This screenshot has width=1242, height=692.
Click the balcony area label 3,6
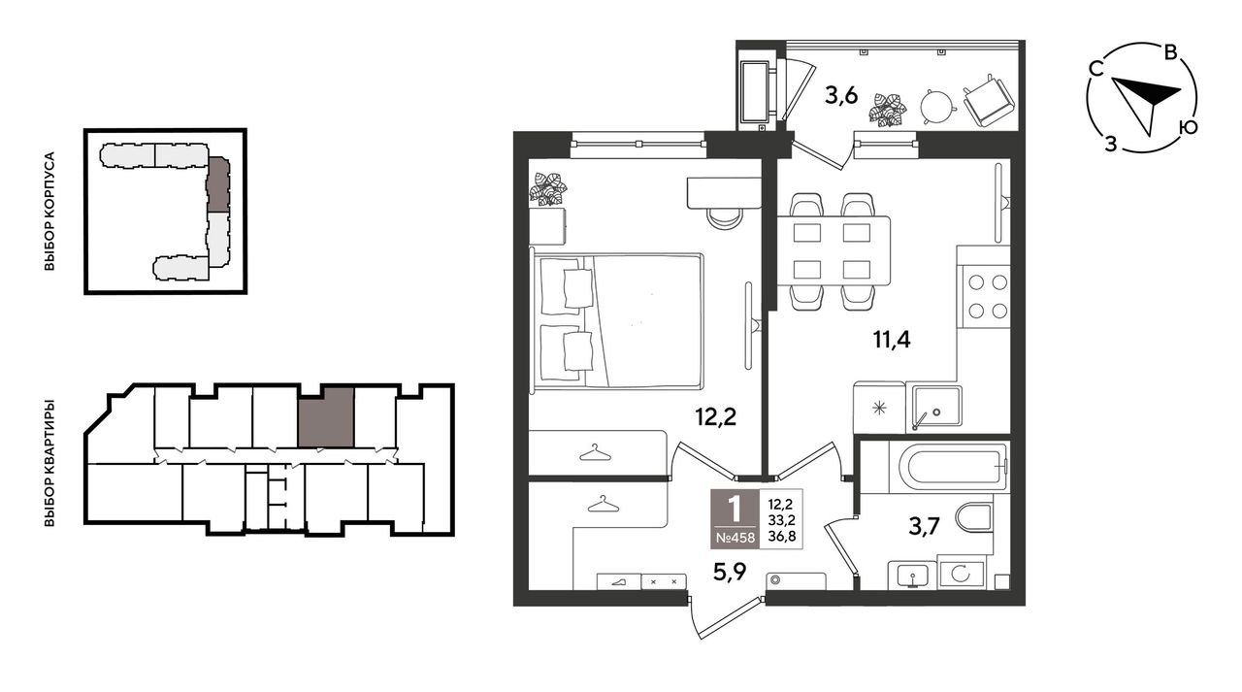coord(841,96)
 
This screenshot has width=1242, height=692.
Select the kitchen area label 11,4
coord(892,339)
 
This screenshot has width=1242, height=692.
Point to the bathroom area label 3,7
coord(925,526)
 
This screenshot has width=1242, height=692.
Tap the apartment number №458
coord(735,538)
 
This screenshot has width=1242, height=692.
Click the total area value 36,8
coord(781,537)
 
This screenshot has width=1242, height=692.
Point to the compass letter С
coord(1095,69)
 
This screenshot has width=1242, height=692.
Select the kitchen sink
coord(937,406)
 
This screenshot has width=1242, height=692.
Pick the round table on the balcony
coord(938,106)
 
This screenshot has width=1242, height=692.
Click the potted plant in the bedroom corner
coord(548,189)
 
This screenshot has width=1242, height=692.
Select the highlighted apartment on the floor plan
coord(325,417)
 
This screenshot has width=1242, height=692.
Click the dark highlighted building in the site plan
coord(218,184)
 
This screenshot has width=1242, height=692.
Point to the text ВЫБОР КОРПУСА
coord(49,212)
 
